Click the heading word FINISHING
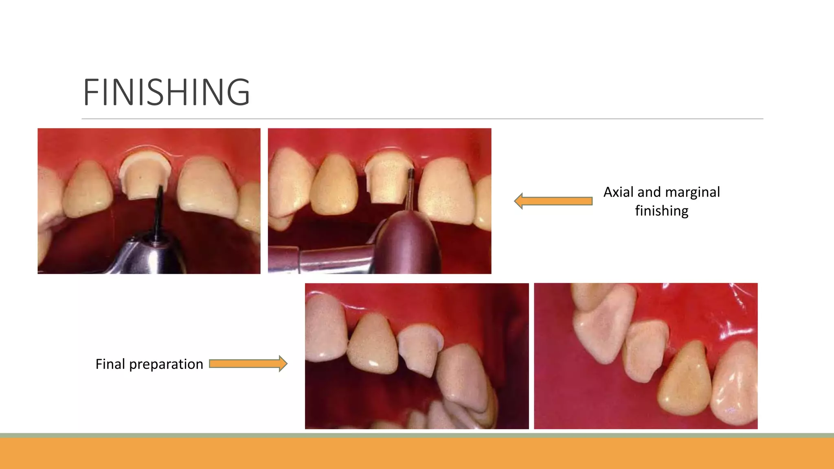[x=166, y=92]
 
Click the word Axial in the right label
[x=618, y=192]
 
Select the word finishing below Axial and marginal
[x=661, y=211]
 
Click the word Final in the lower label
[x=110, y=364]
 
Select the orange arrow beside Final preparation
[x=248, y=364]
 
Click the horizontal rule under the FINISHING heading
[x=422, y=119]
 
